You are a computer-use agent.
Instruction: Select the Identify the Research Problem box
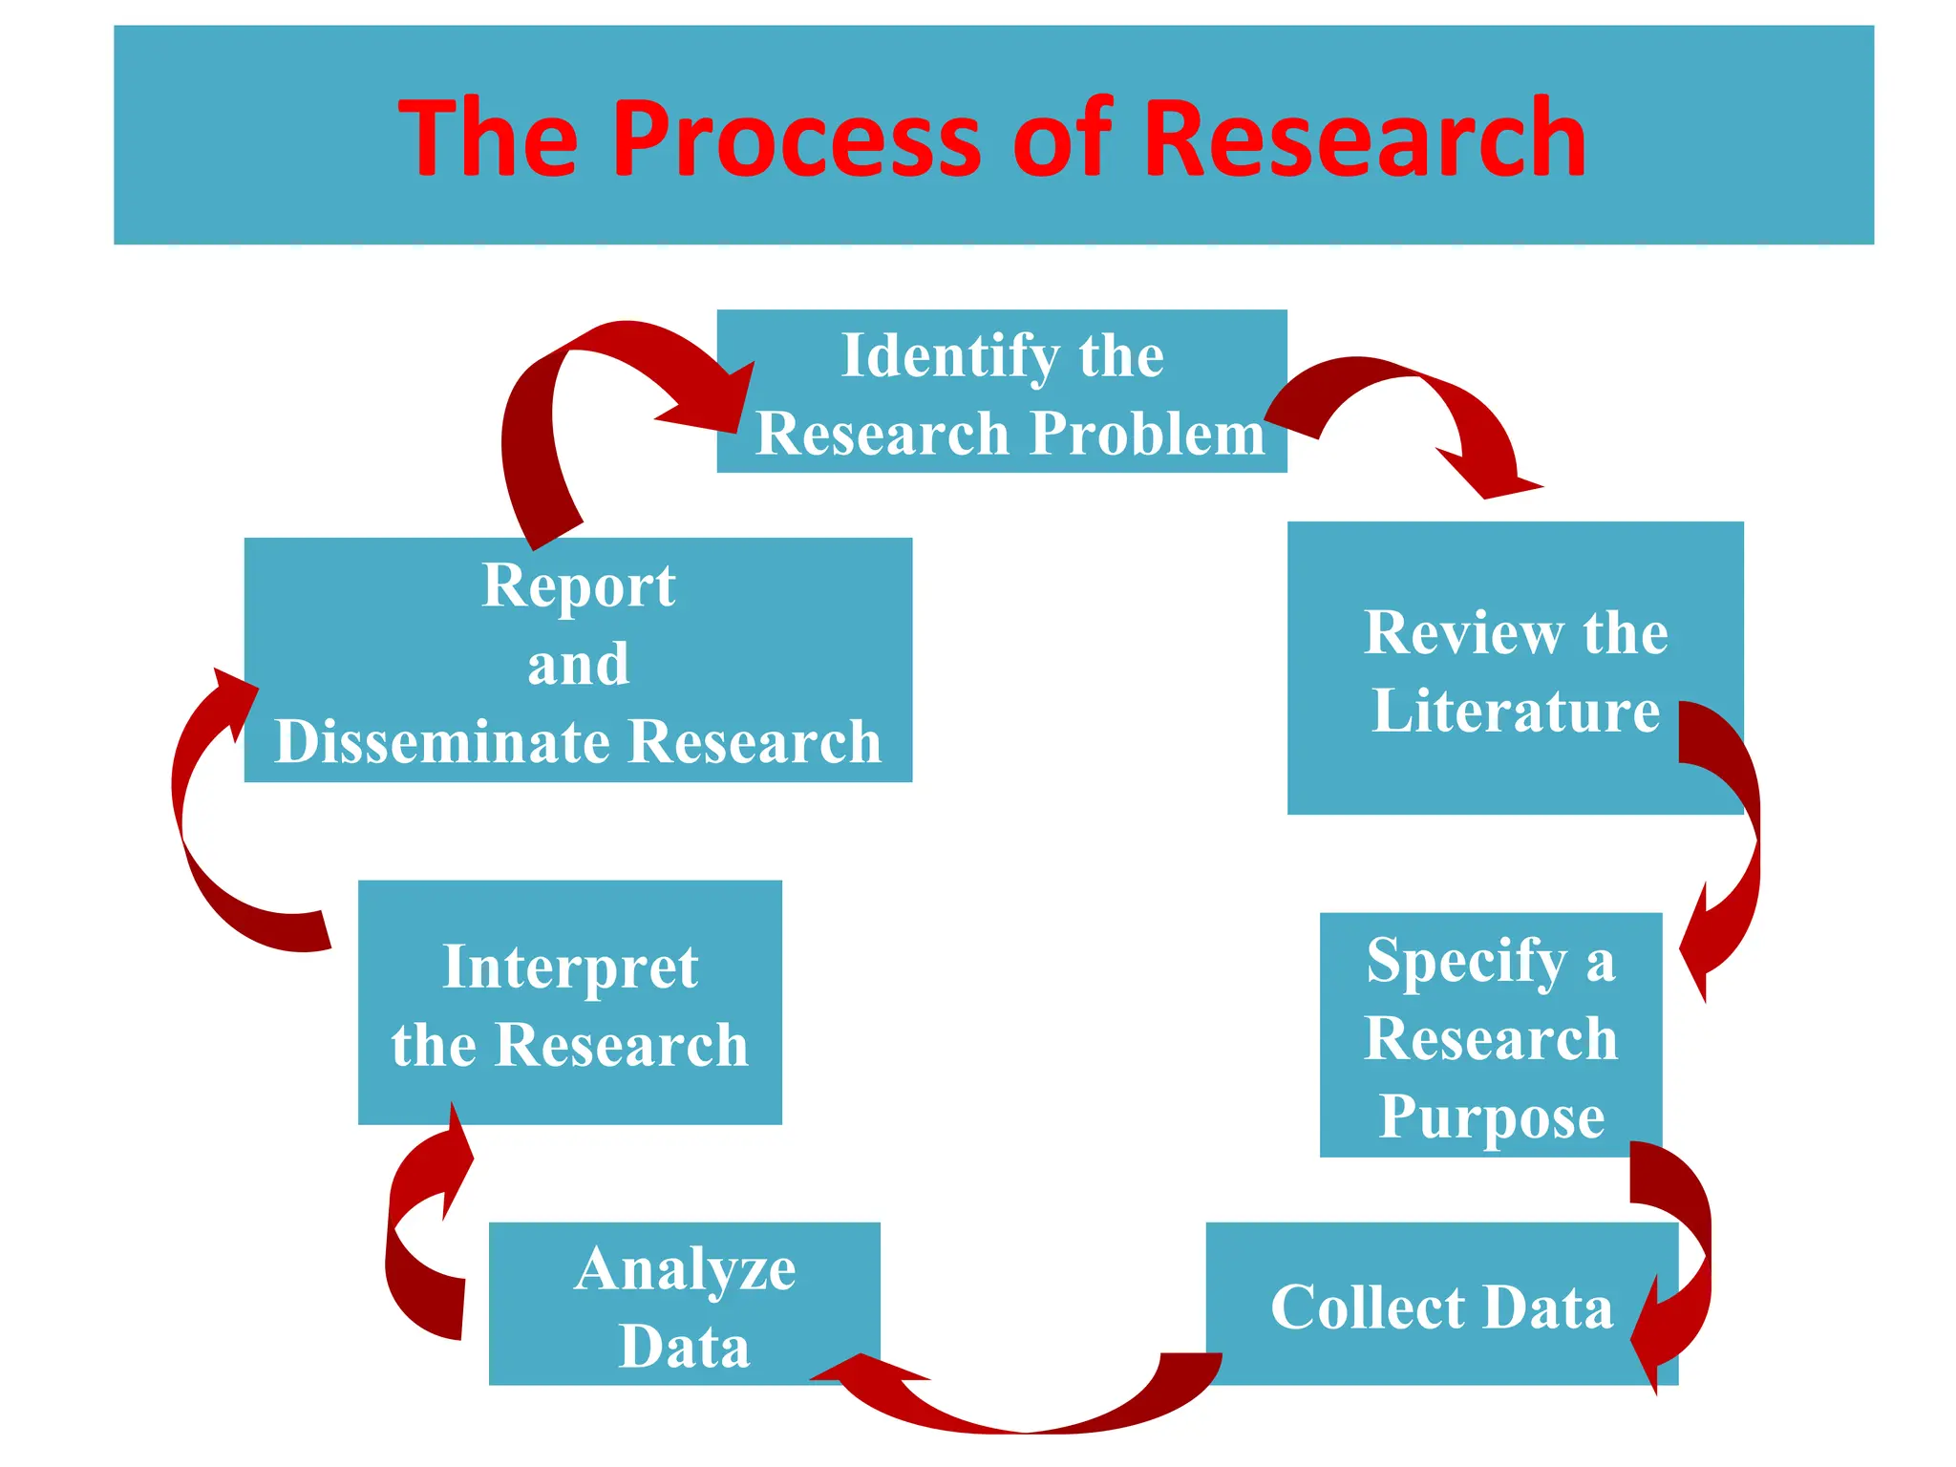(1001, 391)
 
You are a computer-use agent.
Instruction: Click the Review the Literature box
(1515, 668)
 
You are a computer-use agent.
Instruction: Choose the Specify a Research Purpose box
(1490, 1034)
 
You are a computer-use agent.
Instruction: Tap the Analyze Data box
(684, 1304)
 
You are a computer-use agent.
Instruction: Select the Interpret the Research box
(569, 1002)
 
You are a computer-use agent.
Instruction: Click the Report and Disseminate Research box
(578, 660)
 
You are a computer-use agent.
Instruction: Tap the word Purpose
(1491, 1116)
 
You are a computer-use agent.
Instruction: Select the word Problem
(1147, 433)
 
